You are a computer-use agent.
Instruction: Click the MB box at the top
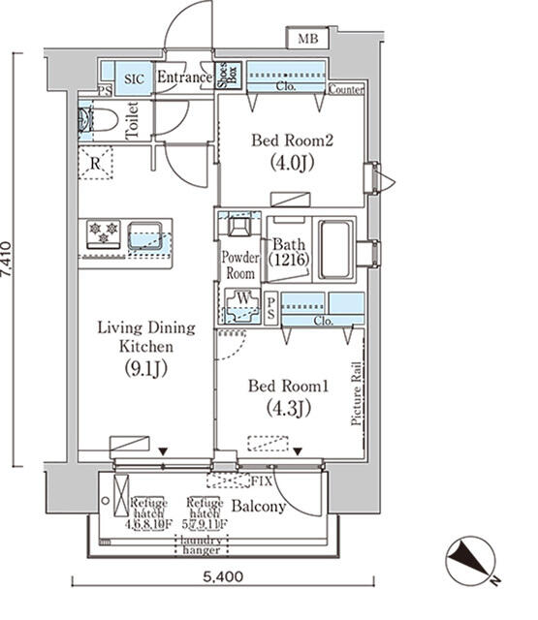click(307, 39)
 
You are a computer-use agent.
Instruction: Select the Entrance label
click(184, 77)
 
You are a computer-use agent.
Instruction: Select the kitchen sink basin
click(146, 233)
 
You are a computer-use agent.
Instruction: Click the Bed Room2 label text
click(292, 140)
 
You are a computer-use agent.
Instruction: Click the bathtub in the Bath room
click(336, 250)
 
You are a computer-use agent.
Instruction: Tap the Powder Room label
click(239, 264)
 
